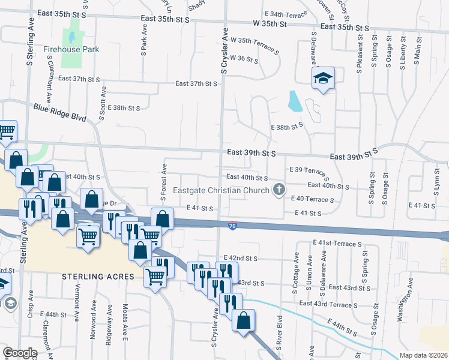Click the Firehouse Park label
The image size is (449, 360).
tap(71, 49)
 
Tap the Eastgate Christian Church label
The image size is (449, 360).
tap(221, 191)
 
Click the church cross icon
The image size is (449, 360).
tap(279, 190)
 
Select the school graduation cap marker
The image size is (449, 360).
tap(323, 78)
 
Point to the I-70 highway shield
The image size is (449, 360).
tap(233, 225)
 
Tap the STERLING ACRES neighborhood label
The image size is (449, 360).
tap(97, 277)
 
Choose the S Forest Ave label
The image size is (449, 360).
tap(163, 181)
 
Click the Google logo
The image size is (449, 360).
tap(20, 352)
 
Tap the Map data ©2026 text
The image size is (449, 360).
tap(423, 355)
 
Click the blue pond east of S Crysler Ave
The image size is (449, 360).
tap(295, 101)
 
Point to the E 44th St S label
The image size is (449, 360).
tap(342, 328)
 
